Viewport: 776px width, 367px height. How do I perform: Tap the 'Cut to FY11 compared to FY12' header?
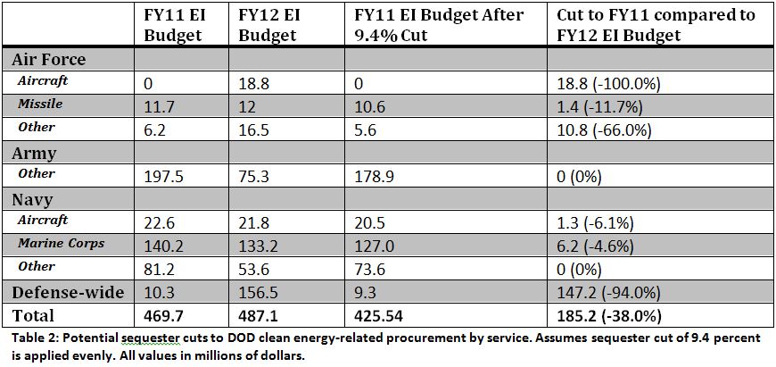(x=655, y=25)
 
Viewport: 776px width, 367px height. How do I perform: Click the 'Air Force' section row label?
(x=48, y=59)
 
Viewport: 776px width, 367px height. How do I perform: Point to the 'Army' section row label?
(x=34, y=152)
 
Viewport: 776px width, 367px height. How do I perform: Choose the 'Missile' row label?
(x=40, y=104)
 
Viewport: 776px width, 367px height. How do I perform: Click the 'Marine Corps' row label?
(x=61, y=244)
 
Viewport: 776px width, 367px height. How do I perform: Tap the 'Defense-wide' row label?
(x=66, y=291)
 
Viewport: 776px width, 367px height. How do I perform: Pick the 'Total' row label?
(x=32, y=315)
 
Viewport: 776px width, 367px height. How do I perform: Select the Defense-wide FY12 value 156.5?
(x=260, y=292)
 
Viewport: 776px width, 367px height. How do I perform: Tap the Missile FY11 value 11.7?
(x=157, y=106)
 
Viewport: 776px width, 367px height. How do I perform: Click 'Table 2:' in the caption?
(x=36, y=340)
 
